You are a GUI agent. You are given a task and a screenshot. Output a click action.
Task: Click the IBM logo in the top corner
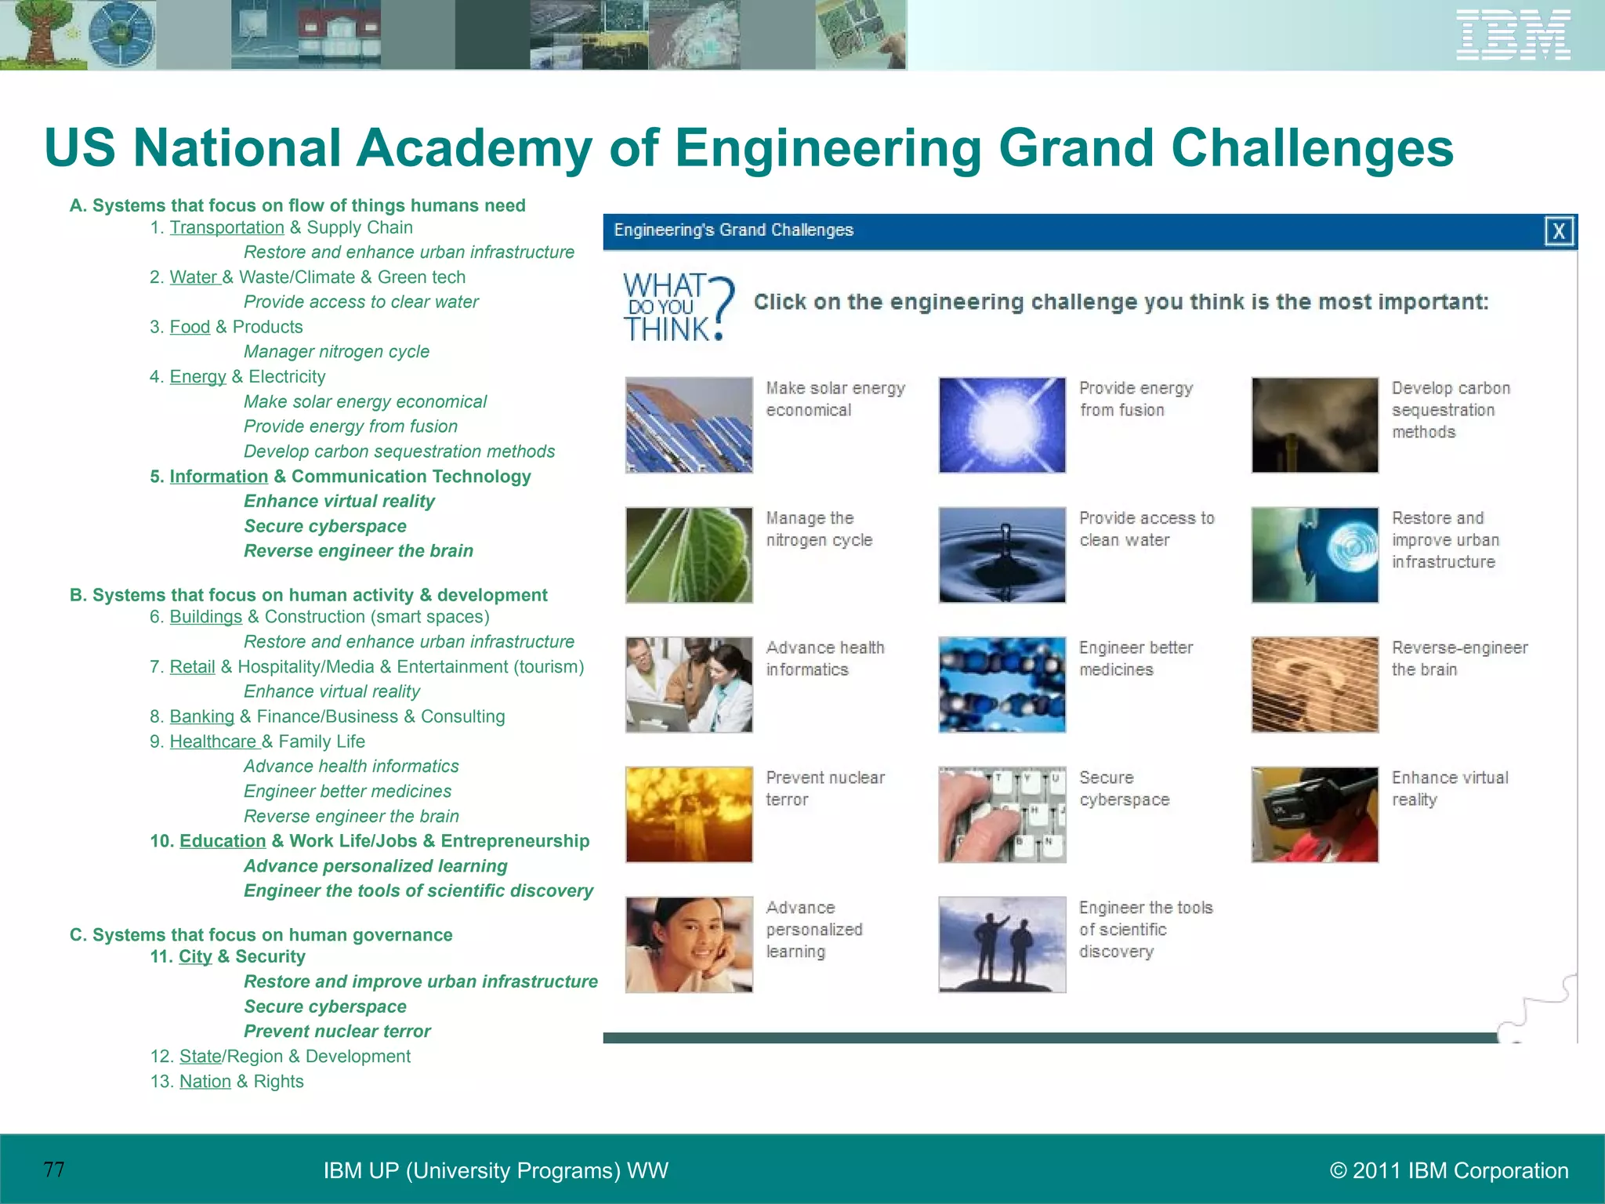(1513, 35)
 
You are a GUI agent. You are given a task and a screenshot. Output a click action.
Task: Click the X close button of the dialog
(1559, 231)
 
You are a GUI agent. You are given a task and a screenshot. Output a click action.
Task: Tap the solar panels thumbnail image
(689, 425)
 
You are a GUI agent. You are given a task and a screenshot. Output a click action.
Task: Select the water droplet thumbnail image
(1002, 555)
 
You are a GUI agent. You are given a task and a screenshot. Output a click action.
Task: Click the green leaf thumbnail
(689, 555)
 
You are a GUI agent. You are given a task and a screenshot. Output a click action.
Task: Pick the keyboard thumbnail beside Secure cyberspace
(1002, 814)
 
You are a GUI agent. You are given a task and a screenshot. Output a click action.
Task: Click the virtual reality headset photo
(1314, 814)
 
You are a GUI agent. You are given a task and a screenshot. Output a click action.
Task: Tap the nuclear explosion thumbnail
(689, 814)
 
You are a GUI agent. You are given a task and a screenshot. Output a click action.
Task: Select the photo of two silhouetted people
(1002, 945)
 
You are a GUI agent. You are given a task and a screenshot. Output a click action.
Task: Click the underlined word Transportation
(226, 228)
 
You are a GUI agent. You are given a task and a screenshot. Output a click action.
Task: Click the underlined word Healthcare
(213, 742)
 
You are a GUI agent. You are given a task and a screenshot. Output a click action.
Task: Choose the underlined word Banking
(201, 716)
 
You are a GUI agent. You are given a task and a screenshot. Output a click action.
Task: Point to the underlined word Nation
(205, 1082)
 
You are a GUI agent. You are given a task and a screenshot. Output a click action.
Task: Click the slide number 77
(54, 1170)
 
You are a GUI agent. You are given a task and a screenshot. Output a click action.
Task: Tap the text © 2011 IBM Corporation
(1448, 1170)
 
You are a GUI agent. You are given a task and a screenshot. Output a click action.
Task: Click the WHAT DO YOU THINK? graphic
(678, 307)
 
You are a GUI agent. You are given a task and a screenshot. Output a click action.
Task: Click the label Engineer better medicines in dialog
(1135, 658)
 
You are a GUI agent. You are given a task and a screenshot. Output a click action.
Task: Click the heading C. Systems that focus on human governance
(261, 935)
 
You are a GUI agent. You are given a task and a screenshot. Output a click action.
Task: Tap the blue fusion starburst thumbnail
(1002, 425)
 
